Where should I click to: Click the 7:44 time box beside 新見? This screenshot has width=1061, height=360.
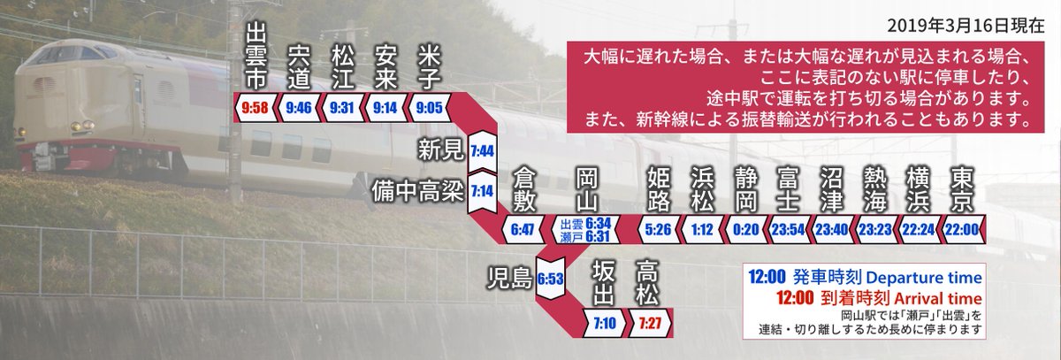coord(482,150)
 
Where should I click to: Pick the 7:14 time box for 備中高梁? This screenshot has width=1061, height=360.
coord(482,191)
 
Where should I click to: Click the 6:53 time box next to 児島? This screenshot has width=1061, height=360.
coord(551,278)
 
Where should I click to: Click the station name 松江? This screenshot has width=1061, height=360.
coord(340,67)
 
